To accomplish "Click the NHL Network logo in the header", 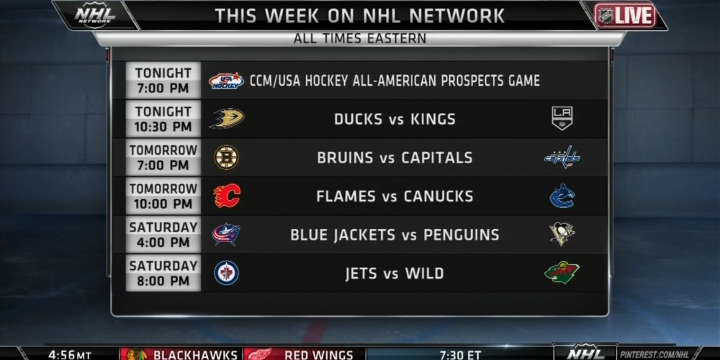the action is (95, 14).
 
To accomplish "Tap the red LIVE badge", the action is (625, 16).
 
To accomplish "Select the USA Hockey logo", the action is (226, 81).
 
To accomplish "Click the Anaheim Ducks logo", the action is (227, 119).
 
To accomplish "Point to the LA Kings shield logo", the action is (562, 119).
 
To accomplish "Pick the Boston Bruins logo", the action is (226, 158).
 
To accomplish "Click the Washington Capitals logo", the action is (562, 157).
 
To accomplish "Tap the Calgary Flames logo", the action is (227, 196).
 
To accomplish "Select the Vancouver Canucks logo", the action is (562, 196).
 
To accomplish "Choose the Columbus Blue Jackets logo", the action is (226, 234).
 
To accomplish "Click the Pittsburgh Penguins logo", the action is (562, 234).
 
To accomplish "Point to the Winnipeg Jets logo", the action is (226, 273).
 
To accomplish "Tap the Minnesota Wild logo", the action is (562, 273).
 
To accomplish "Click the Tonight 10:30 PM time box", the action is (163, 119).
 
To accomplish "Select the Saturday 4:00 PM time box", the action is (163, 235).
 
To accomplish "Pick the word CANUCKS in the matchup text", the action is (438, 197).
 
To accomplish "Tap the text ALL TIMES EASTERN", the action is (360, 39).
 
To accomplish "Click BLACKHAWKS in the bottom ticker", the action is (195, 354).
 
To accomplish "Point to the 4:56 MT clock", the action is (69, 354).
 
